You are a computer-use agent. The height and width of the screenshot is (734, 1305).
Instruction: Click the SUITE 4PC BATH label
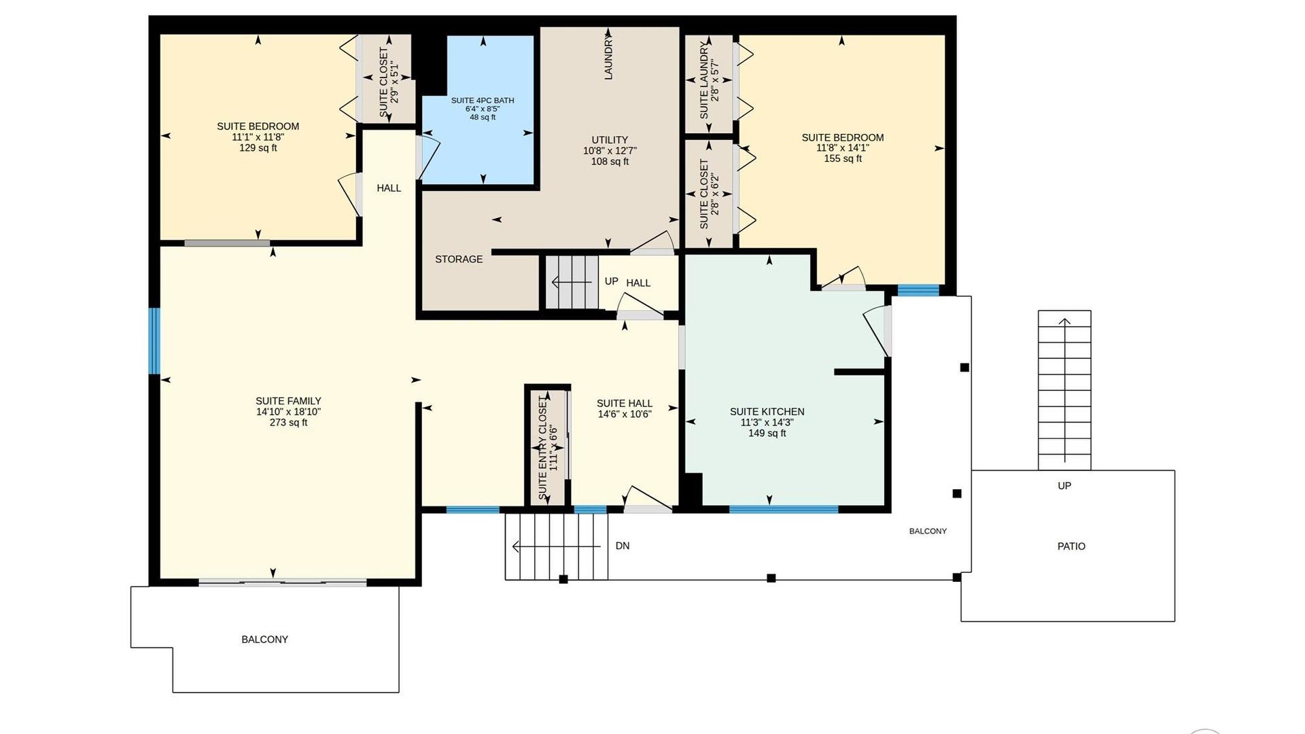coord(483,101)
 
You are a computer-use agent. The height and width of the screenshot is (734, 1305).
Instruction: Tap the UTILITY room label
coord(610,140)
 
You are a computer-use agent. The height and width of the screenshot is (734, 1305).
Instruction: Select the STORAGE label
coord(459,259)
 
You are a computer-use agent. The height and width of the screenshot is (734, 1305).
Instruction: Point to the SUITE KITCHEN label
coord(767,411)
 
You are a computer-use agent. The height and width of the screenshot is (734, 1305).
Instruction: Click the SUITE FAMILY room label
coord(288,401)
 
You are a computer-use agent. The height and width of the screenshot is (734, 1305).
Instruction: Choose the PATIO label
coord(1071,546)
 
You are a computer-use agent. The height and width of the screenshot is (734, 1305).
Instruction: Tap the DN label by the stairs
coord(623,546)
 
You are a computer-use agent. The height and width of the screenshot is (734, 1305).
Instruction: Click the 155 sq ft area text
coord(843,158)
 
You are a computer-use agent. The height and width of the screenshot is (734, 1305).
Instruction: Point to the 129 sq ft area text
coord(258,147)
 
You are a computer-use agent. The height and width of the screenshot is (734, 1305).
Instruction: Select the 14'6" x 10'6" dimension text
coord(625,414)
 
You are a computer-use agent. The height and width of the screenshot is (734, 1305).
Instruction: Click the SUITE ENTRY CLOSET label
coord(542,448)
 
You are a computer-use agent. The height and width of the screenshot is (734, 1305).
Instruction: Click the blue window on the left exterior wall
coord(155,340)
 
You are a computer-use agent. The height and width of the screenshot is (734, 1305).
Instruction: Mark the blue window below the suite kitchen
coord(784,509)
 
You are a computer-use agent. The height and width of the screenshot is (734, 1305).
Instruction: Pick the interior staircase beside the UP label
coord(572,281)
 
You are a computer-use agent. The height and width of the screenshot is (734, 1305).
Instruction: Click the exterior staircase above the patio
coord(1064,390)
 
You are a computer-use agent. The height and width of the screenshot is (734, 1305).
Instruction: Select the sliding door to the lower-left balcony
coord(283,582)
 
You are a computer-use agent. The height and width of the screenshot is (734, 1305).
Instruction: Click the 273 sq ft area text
coord(288,423)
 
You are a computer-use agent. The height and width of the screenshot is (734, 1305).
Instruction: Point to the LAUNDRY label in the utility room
coord(608,58)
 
